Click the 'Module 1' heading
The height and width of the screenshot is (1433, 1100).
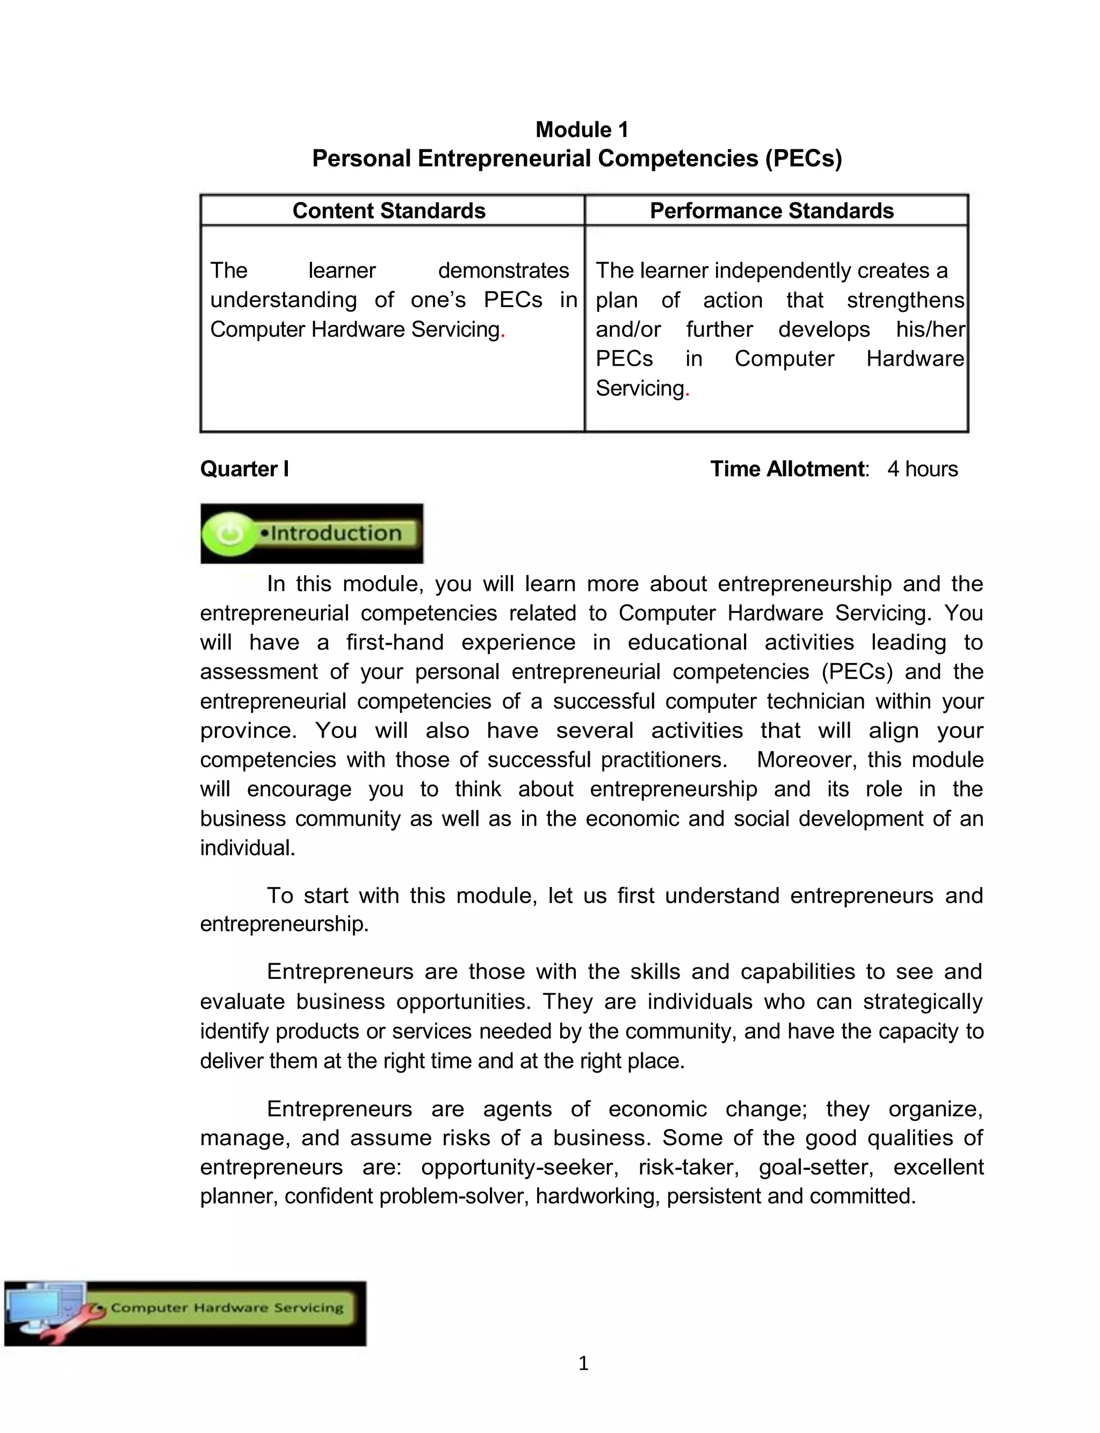(x=582, y=129)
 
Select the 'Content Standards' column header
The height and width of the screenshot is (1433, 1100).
(x=389, y=210)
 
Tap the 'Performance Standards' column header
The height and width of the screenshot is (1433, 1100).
(x=771, y=210)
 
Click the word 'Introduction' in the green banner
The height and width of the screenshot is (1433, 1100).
(x=335, y=533)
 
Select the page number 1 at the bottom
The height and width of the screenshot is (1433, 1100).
(x=583, y=1363)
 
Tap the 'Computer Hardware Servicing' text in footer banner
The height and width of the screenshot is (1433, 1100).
(x=227, y=1307)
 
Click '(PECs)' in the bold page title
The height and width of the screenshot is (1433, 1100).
(x=804, y=158)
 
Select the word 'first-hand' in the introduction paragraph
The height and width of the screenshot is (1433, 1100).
(x=395, y=642)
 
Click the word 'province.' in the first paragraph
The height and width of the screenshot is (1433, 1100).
(x=248, y=730)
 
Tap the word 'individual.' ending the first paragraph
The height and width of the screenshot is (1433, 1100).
(x=248, y=847)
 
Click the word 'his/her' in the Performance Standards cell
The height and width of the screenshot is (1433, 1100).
(x=930, y=329)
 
